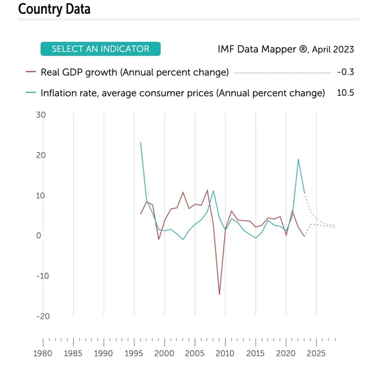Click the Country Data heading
54,9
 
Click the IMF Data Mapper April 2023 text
285,49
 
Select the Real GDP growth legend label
134,72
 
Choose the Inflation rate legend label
182,93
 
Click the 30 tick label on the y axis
41,115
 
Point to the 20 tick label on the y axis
41,155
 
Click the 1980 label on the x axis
43,353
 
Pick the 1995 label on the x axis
134,353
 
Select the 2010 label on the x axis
225,353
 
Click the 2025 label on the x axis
316,353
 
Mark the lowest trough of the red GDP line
219,294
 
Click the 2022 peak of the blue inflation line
298,159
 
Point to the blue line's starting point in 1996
141,142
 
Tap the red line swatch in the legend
31,72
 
